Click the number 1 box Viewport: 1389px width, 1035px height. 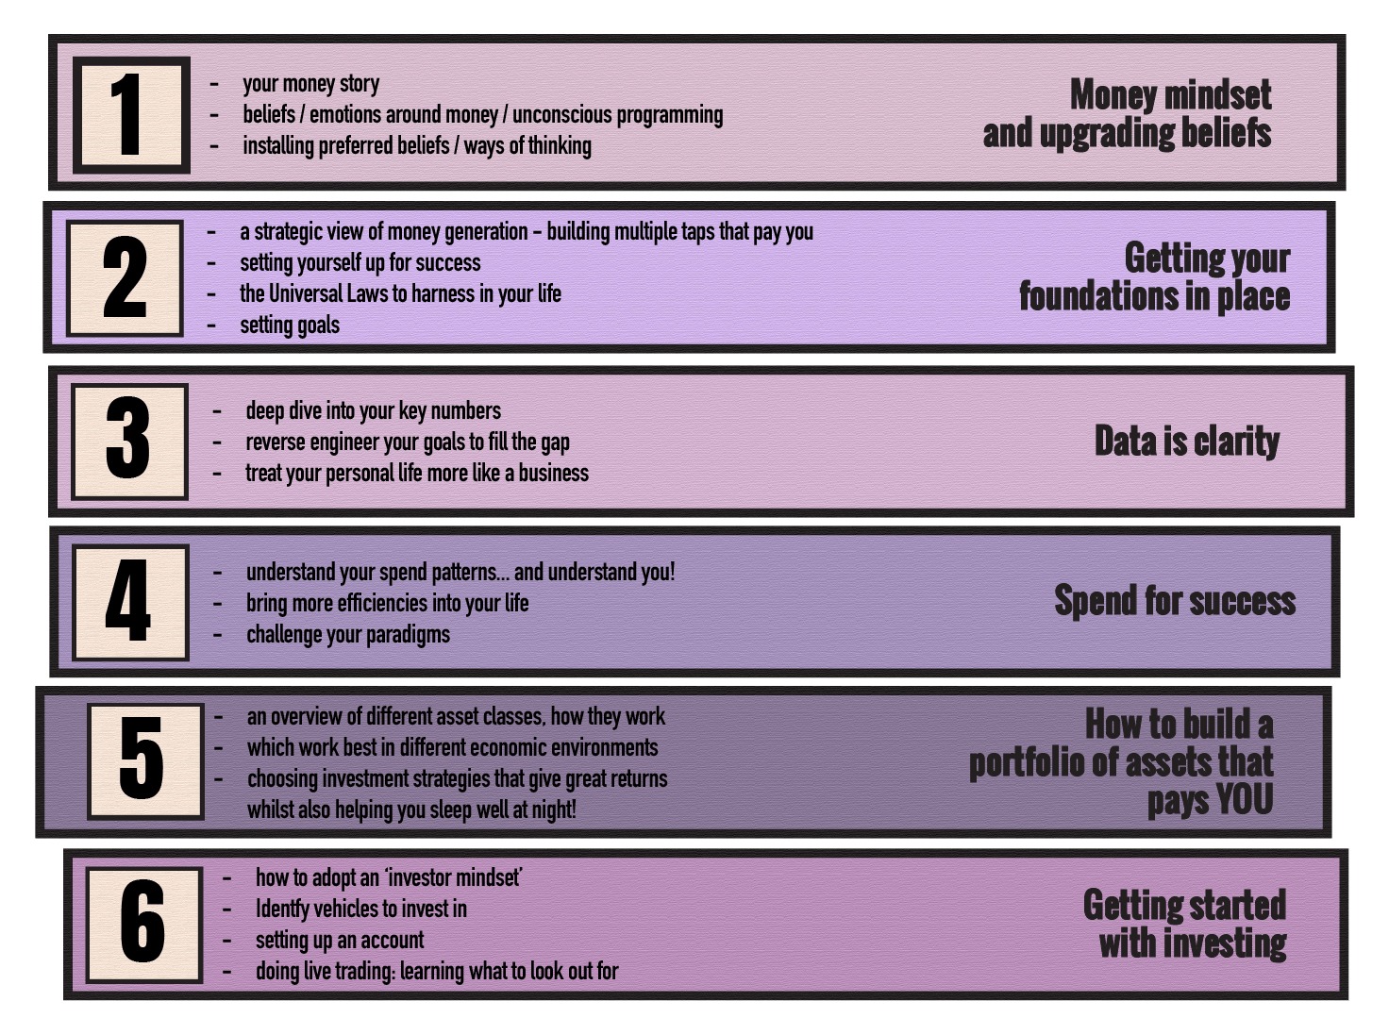[131, 115]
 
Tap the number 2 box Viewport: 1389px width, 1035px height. [125, 277]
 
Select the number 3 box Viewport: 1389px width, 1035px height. [129, 442]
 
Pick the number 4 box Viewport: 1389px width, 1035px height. [130, 602]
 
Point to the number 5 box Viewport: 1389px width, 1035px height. [145, 761]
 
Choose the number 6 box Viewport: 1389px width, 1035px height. [144, 925]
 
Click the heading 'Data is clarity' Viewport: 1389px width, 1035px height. [1187, 441]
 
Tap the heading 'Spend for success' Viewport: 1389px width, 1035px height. [1175, 601]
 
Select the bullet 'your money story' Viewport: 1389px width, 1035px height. [311, 84]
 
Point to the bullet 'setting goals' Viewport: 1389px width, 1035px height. [290, 326]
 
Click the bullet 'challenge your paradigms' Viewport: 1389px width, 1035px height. [348, 635]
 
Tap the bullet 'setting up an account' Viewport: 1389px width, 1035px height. [340, 940]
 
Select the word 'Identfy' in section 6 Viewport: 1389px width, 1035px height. [282, 910]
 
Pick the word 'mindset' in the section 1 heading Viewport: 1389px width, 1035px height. [1219, 95]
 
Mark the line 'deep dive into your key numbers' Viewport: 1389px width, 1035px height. [374, 411]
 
